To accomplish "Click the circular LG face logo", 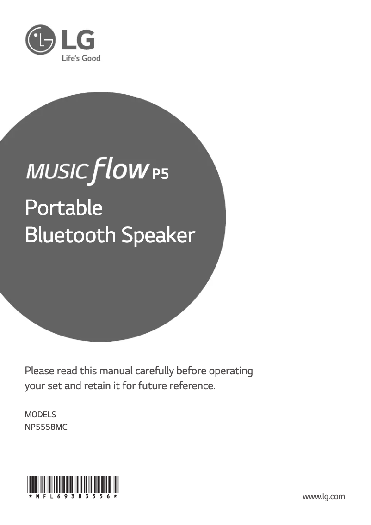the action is [40, 39].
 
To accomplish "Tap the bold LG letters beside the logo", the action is [78, 40].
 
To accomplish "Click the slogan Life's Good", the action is [81, 58].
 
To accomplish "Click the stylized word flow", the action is [119, 170].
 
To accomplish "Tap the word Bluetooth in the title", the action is [70, 235].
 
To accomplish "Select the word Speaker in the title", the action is [158, 235].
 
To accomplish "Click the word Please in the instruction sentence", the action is [39, 371].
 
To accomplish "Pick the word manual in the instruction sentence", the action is [116, 371].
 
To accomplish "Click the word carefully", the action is [155, 372].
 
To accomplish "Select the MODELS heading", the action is [40, 415].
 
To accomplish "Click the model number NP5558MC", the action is [46, 427].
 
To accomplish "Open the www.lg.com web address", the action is [323, 496].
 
